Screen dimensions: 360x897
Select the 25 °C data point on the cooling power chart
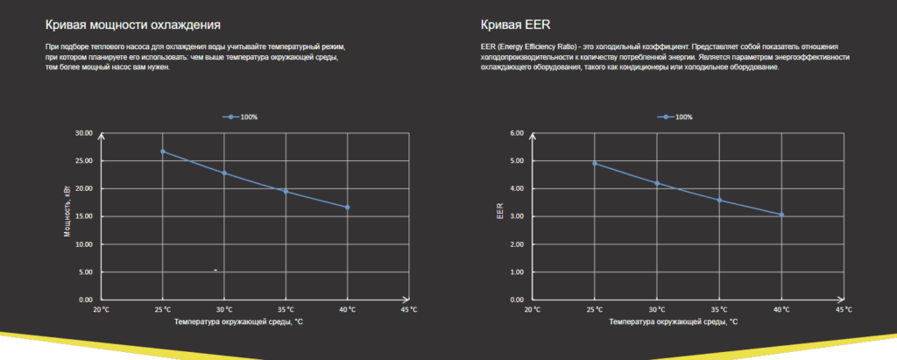[x=163, y=152]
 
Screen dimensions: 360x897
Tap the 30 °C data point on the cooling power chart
[x=224, y=173]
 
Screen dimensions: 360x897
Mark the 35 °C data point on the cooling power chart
[x=286, y=191]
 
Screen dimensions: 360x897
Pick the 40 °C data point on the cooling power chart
[x=348, y=208]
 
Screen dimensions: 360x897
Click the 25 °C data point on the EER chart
[x=596, y=163]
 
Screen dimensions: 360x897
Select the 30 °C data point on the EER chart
[x=657, y=183]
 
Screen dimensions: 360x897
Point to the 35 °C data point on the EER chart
[x=719, y=200]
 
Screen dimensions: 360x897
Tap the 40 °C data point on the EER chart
[x=781, y=215]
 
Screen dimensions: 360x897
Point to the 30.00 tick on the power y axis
[x=84, y=133]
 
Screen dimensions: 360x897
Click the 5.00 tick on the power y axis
[x=86, y=272]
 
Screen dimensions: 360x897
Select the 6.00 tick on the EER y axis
[x=517, y=133]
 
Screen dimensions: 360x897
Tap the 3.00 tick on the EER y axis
[x=517, y=216]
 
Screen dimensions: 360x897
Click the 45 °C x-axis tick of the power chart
[x=408, y=310]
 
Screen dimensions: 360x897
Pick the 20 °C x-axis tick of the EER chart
[x=533, y=310]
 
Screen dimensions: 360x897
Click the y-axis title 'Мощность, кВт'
[x=67, y=215]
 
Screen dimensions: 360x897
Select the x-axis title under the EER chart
[x=672, y=322]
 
